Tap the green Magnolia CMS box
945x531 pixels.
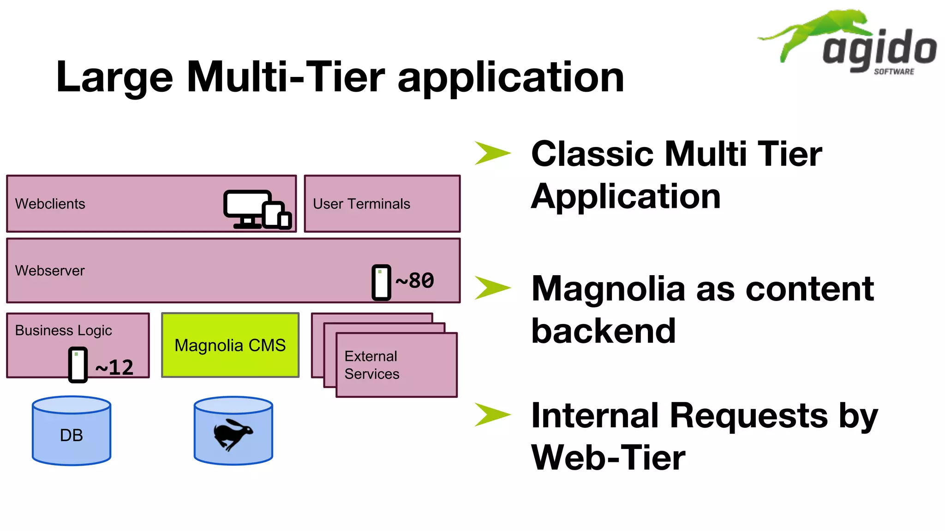tap(230, 345)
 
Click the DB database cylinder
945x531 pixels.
tap(72, 431)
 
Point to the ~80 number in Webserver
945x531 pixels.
tap(415, 281)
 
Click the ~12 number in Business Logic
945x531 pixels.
tap(114, 367)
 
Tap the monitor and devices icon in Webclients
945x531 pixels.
tap(257, 209)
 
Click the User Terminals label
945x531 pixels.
tap(361, 204)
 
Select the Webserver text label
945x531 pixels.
tap(50, 271)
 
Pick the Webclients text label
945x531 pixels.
tap(50, 204)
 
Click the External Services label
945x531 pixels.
tap(371, 365)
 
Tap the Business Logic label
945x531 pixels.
tap(63, 330)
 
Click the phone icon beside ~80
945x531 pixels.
tap(381, 282)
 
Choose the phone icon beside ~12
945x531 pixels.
tap(78, 365)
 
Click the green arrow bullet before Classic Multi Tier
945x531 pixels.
tap(492, 153)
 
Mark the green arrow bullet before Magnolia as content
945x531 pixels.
tap(492, 288)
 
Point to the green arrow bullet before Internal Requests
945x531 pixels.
tap(492, 414)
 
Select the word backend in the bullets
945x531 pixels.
tap(603, 331)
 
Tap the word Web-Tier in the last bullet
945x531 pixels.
tap(608, 458)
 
